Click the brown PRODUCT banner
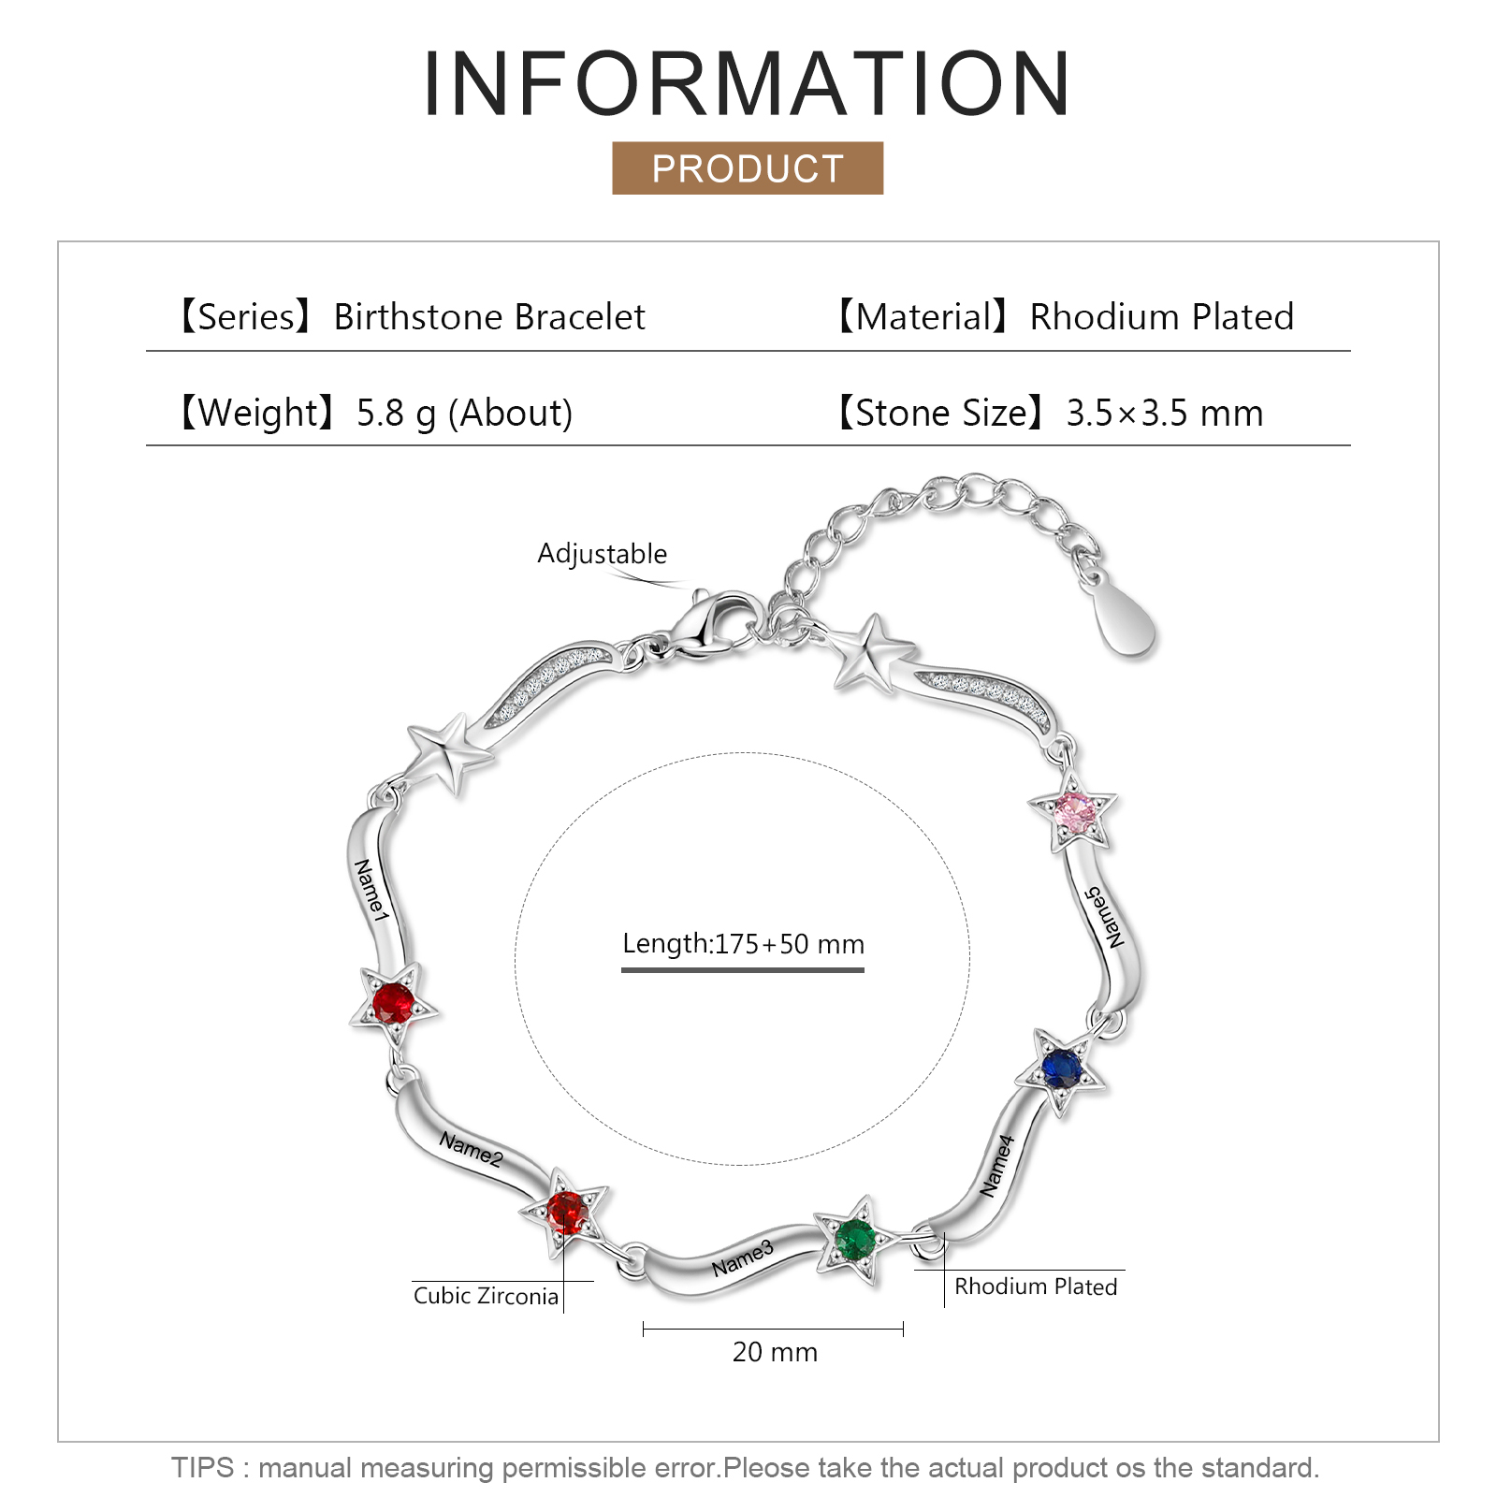coord(748,168)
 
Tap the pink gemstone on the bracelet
coord(1075,812)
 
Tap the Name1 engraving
coord(371,890)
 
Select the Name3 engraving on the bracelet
coord(743,1258)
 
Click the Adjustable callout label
coord(602,554)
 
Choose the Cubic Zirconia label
coord(486,1296)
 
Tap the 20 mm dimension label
coord(775,1352)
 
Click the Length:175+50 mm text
coord(743,944)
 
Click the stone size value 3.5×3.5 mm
coord(1165,413)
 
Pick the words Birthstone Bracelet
coord(489,317)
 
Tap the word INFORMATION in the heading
coord(747,83)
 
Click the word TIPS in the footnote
coord(202,1467)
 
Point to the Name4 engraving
coord(997,1166)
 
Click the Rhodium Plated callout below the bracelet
coord(1036,1286)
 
